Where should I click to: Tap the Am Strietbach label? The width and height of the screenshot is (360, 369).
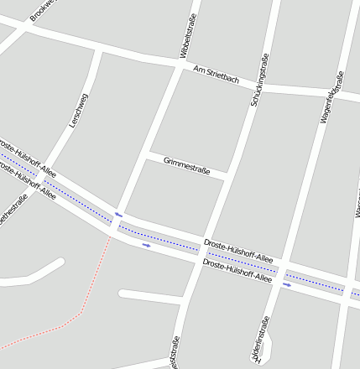216,75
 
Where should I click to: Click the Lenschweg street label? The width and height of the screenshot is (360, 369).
79,110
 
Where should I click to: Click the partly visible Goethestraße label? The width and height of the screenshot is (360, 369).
13,209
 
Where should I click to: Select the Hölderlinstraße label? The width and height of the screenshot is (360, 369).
264,339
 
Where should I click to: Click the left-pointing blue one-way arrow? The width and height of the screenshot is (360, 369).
119,215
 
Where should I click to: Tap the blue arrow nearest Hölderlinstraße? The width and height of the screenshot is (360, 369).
287,284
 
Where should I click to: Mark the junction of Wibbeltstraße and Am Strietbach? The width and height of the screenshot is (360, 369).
179,65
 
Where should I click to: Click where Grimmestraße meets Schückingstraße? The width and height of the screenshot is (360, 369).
228,175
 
